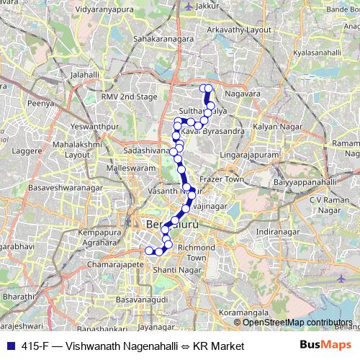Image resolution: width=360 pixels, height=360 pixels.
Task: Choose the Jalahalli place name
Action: coord(85,74)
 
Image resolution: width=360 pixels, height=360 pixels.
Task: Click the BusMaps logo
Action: coord(325,346)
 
